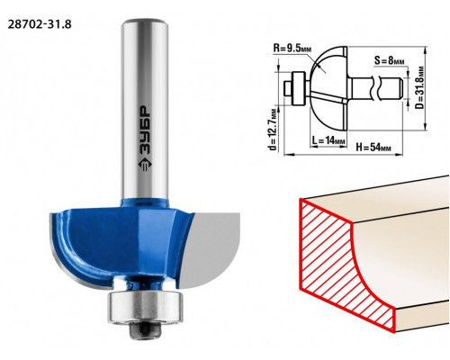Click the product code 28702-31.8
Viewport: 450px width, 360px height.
click(40, 24)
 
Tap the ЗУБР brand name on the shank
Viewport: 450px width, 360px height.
click(145, 130)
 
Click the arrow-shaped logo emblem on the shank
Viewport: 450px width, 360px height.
click(145, 165)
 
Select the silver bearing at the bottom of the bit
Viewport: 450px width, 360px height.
click(145, 307)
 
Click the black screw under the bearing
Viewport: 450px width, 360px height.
click(145, 331)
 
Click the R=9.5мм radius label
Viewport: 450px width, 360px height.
click(292, 48)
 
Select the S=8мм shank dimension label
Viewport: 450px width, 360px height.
click(389, 61)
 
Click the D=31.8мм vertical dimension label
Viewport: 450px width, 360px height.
click(420, 88)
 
